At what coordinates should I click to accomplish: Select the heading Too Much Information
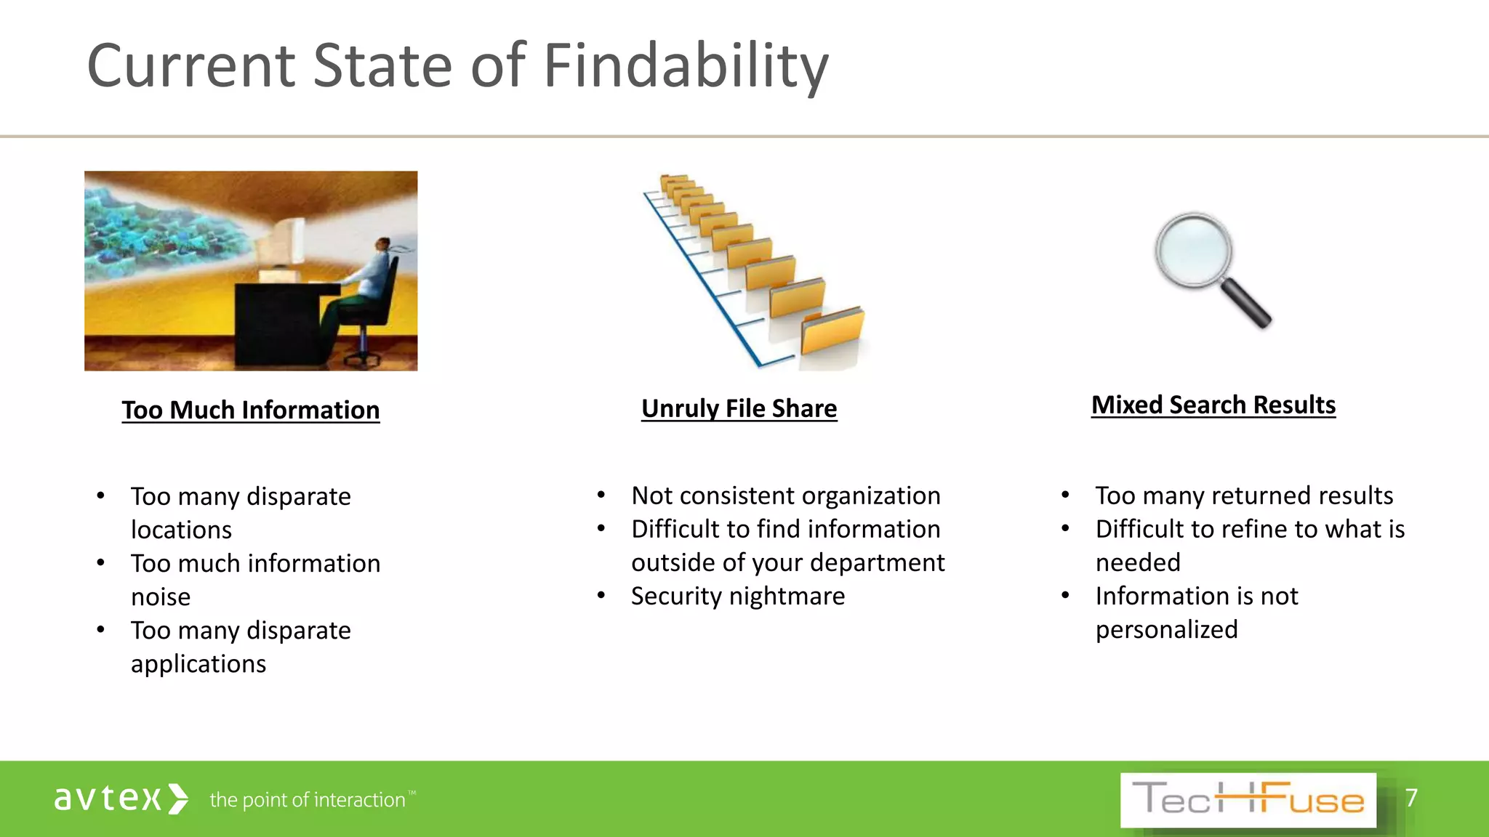[251, 411]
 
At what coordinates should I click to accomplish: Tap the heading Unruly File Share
[739, 409]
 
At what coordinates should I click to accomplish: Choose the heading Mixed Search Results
[1213, 405]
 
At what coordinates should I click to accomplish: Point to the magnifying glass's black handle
[1245, 303]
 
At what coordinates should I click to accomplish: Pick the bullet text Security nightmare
[738, 597]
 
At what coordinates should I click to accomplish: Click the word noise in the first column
[161, 597]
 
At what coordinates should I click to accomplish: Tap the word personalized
[1166, 630]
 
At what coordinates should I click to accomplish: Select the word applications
[198, 664]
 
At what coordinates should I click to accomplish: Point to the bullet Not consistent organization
[785, 496]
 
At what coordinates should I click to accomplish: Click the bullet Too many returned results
[1244, 496]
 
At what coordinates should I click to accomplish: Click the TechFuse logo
[1248, 800]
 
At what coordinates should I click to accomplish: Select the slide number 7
[1411, 798]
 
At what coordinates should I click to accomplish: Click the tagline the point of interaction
[308, 800]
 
